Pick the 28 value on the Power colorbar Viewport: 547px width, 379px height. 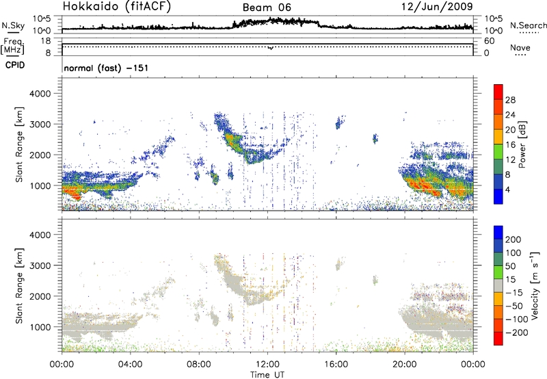tap(509, 99)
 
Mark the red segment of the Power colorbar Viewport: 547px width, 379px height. tap(498, 96)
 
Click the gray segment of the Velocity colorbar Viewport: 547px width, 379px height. tap(498, 281)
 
